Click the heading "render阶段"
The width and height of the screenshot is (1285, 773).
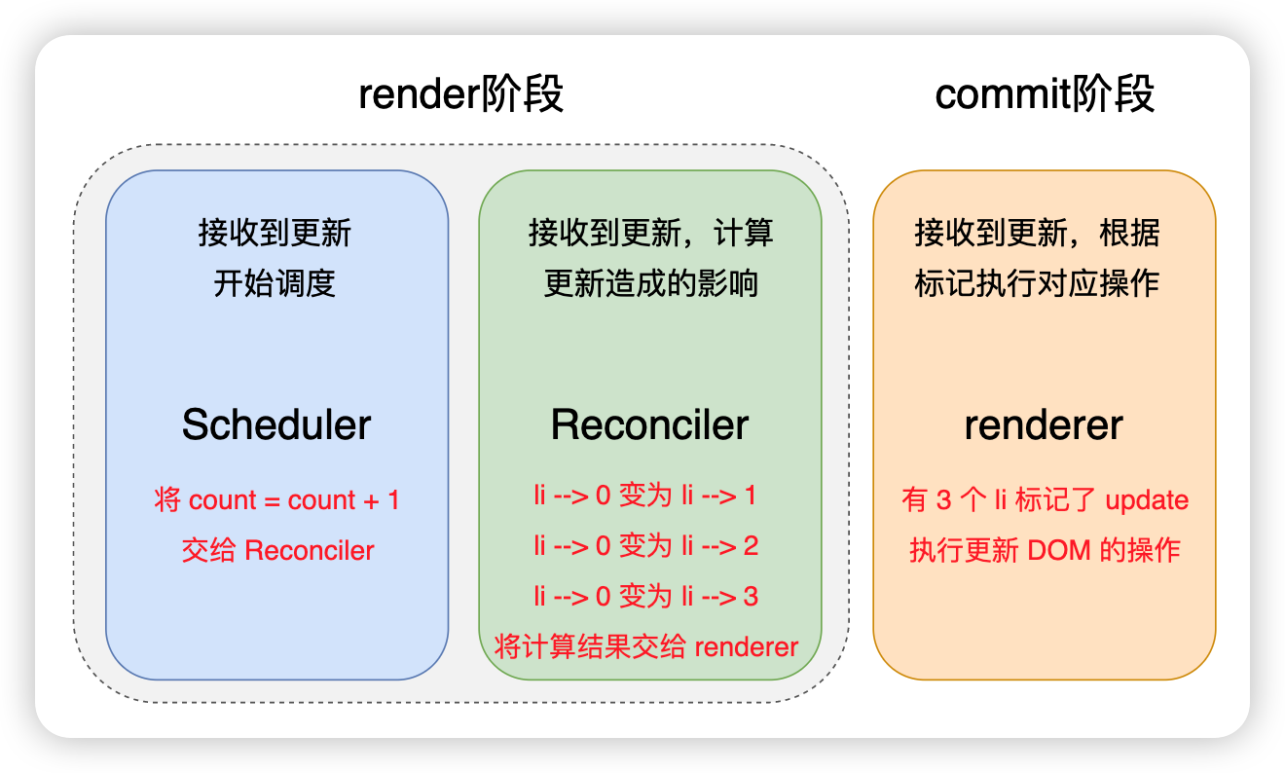click(x=460, y=93)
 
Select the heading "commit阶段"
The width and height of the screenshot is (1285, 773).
click(x=1044, y=93)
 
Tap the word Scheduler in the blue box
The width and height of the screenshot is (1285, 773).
click(x=276, y=424)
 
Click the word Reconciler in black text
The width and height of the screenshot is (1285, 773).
click(x=649, y=424)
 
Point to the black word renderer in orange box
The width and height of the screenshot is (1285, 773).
click(x=1044, y=425)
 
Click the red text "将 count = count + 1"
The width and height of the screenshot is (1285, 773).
click(x=276, y=499)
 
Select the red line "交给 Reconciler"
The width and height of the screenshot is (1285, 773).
click(x=277, y=550)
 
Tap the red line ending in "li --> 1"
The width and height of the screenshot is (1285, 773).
click(x=645, y=496)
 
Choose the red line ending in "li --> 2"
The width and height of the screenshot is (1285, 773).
click(x=646, y=546)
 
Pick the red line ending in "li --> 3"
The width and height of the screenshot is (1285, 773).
click(x=646, y=596)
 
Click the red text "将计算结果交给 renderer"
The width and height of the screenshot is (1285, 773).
click(x=646, y=646)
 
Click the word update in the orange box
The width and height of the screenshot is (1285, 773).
click(x=1147, y=500)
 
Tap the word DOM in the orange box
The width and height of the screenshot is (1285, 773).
click(x=1059, y=550)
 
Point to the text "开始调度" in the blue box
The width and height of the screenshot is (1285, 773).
click(x=275, y=283)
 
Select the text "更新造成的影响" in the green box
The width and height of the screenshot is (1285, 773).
click(x=650, y=283)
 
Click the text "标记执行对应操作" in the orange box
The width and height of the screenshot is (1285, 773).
click(x=1037, y=283)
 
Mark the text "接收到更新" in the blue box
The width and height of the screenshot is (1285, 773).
click(x=275, y=233)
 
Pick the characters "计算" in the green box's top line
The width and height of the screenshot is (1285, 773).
click(x=743, y=233)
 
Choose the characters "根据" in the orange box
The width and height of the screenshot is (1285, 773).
click(x=1129, y=233)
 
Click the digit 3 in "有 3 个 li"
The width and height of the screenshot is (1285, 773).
click(x=943, y=500)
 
